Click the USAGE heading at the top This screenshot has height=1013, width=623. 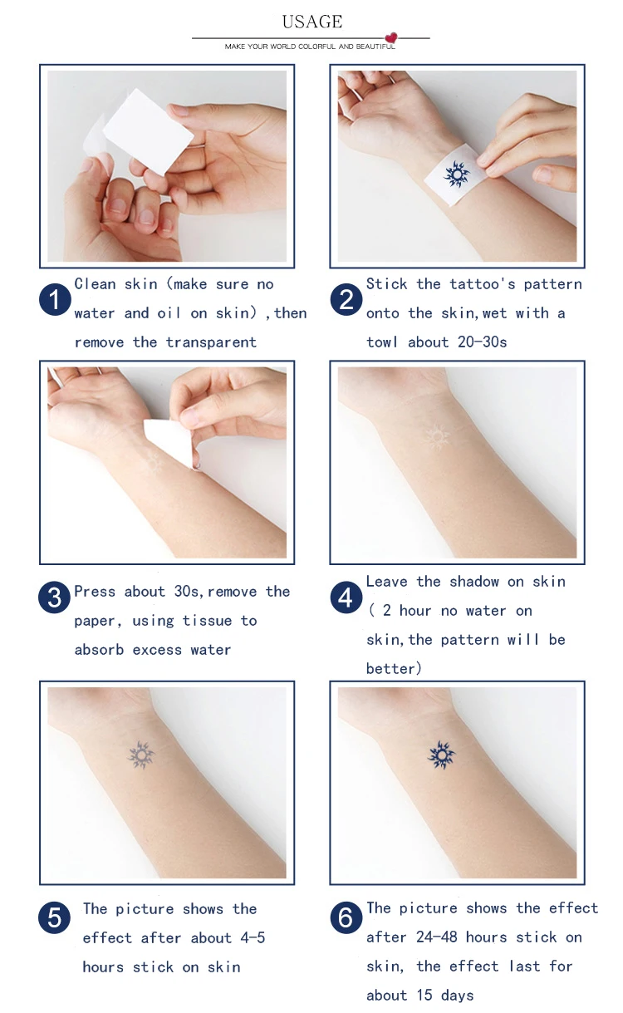coord(311,22)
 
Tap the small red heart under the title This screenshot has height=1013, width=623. coord(391,38)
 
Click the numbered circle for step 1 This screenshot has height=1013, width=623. coord(55,299)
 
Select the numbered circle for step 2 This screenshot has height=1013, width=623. coord(346,299)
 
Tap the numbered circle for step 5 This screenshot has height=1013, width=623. coord(55,917)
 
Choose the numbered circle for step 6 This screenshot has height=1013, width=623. coord(346,917)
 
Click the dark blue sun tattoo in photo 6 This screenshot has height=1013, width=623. coord(441,755)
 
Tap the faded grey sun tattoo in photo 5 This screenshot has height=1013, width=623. coord(140,755)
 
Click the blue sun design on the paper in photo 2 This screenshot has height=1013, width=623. coord(455,173)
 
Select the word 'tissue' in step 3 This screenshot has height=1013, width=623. coord(208,621)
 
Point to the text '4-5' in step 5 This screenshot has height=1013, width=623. coord(252,938)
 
